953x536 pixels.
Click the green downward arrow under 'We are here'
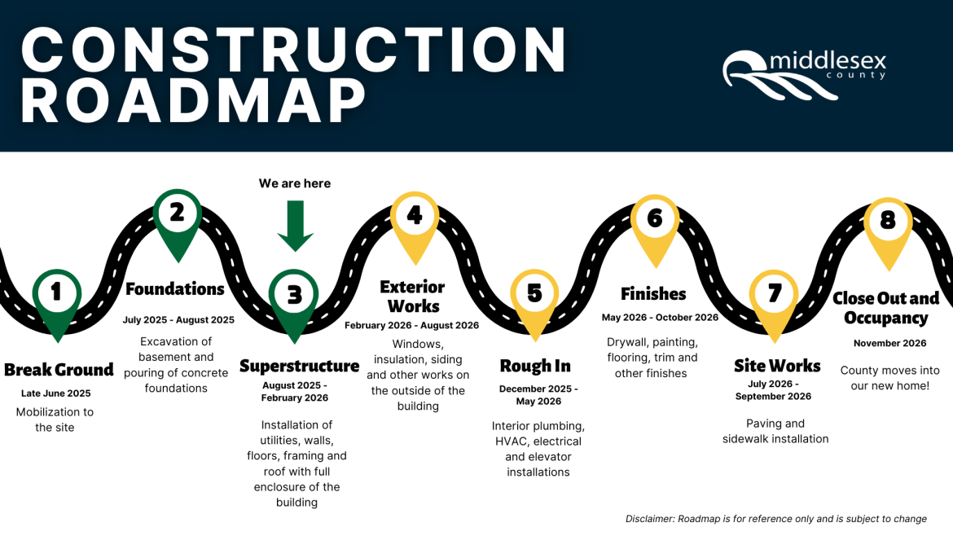pyautogui.click(x=295, y=226)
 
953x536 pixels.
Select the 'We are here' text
pyautogui.click(x=295, y=183)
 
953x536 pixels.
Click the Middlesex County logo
pyautogui.click(x=804, y=73)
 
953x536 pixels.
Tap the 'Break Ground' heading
pyautogui.click(x=59, y=370)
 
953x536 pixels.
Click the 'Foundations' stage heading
pyautogui.click(x=175, y=289)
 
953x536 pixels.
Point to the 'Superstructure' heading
pyautogui.click(x=299, y=366)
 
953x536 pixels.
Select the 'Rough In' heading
pyautogui.click(x=535, y=366)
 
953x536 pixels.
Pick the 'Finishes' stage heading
pyautogui.click(x=653, y=293)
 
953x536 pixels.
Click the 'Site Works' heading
pyautogui.click(x=777, y=366)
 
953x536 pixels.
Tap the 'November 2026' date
pyautogui.click(x=889, y=343)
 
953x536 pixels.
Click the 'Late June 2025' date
pyautogui.click(x=56, y=393)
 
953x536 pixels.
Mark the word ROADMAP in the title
pyautogui.click(x=194, y=101)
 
